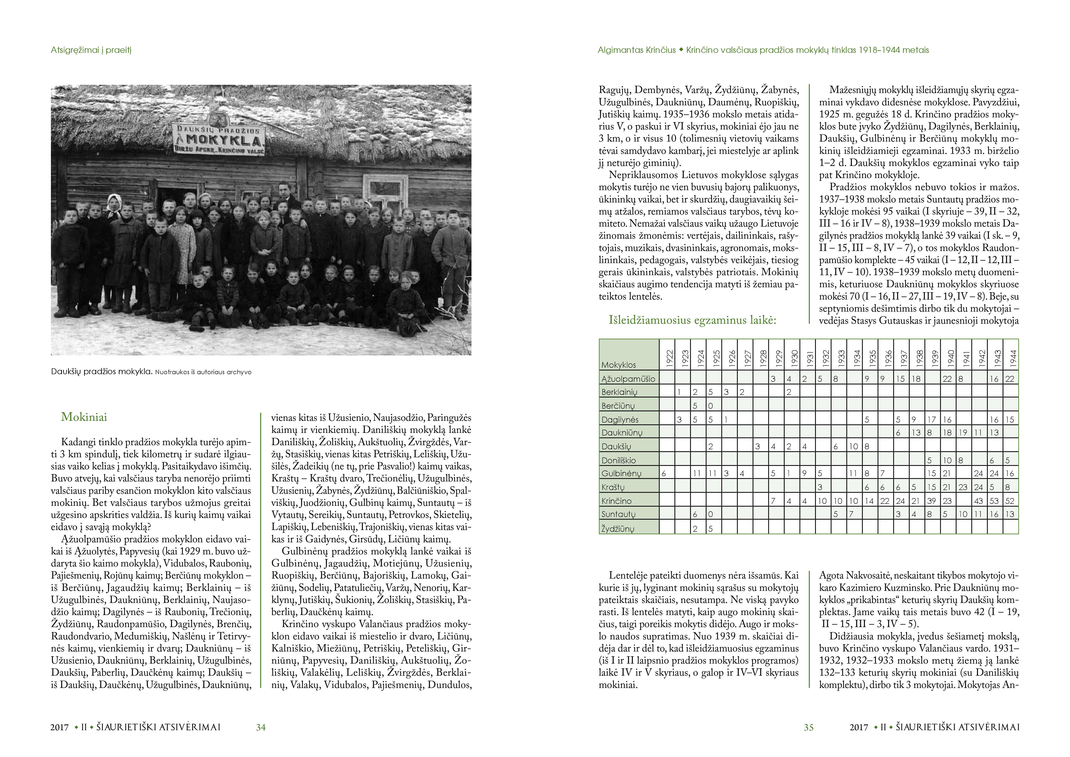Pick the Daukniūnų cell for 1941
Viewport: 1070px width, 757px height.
(963, 433)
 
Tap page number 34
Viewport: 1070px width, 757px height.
(261, 727)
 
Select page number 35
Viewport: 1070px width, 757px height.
(809, 727)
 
